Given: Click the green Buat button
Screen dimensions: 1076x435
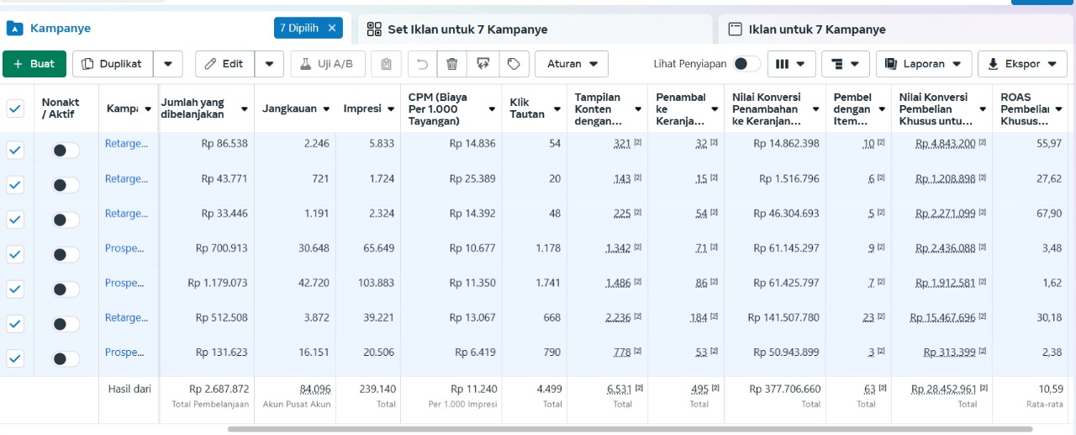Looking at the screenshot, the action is point(34,64).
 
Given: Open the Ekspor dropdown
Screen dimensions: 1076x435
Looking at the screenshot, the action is point(1022,64).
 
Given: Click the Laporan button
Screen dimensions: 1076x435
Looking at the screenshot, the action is point(923,64).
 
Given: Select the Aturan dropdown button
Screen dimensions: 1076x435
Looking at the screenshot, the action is point(572,64).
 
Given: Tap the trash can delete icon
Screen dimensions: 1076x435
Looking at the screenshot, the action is point(451,64).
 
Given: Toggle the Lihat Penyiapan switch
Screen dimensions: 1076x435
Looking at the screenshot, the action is point(746,64).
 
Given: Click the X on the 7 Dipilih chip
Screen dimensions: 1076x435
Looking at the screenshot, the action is point(332,28).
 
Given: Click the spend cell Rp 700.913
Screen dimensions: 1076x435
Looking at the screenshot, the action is point(221,248).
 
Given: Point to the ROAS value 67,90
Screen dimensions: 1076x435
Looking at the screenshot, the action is point(1048,214).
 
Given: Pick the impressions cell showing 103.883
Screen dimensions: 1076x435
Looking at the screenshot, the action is point(376,283).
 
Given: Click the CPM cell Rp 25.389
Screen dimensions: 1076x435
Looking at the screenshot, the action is point(472,179).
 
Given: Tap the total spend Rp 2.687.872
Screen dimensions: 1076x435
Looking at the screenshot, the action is point(219,389).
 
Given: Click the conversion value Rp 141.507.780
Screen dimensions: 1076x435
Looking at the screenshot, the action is point(783,318).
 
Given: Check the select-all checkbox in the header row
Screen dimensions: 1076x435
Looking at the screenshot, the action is point(15,109).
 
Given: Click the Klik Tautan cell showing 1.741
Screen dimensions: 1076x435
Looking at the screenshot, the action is point(548,283).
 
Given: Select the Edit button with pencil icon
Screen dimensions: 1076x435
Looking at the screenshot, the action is point(224,64).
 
